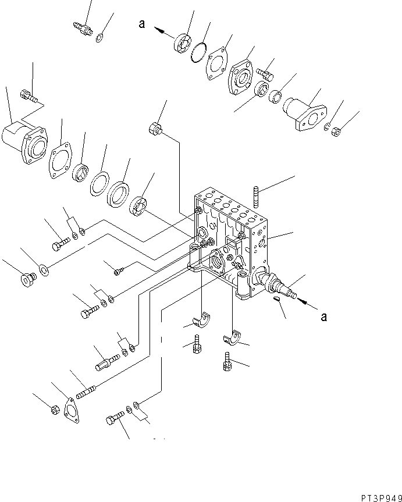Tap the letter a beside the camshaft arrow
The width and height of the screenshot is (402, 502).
pyautogui.click(x=324, y=316)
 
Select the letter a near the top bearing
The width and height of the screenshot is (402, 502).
pyautogui.click(x=141, y=24)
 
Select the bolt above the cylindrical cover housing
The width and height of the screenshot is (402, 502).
pyautogui.click(x=28, y=95)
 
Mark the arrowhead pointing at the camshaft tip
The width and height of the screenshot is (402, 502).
pyautogui.click(x=303, y=303)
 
